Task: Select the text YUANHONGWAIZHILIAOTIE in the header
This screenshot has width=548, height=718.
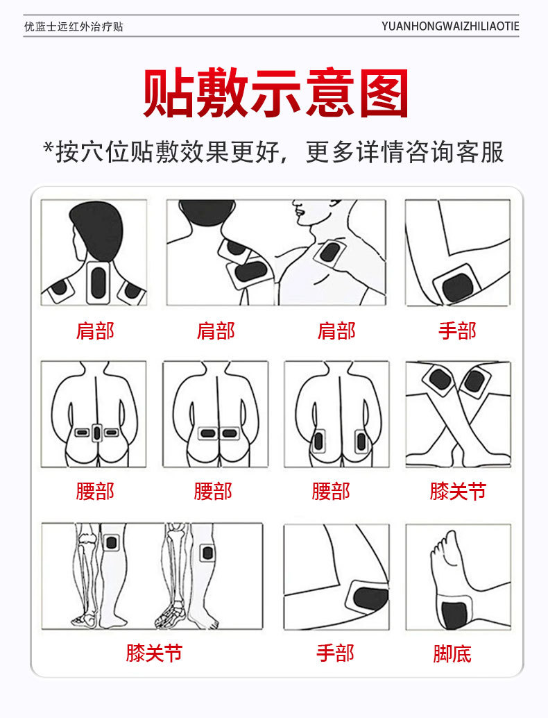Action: [x=449, y=27]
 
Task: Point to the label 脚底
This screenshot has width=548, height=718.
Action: [x=452, y=653]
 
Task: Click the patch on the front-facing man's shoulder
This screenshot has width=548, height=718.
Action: [x=329, y=251]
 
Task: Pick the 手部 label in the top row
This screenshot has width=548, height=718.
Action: [x=457, y=331]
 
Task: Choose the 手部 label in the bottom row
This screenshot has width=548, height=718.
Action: [x=335, y=653]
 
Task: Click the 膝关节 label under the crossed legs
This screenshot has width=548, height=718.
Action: [x=457, y=492]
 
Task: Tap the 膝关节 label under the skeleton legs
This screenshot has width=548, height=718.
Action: [x=154, y=653]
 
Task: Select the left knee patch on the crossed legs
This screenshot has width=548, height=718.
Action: [x=440, y=380]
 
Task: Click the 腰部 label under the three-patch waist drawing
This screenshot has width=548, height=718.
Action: [x=95, y=492]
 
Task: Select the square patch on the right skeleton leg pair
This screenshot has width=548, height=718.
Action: [x=206, y=553]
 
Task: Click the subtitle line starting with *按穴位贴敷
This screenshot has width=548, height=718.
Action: [x=273, y=152]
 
